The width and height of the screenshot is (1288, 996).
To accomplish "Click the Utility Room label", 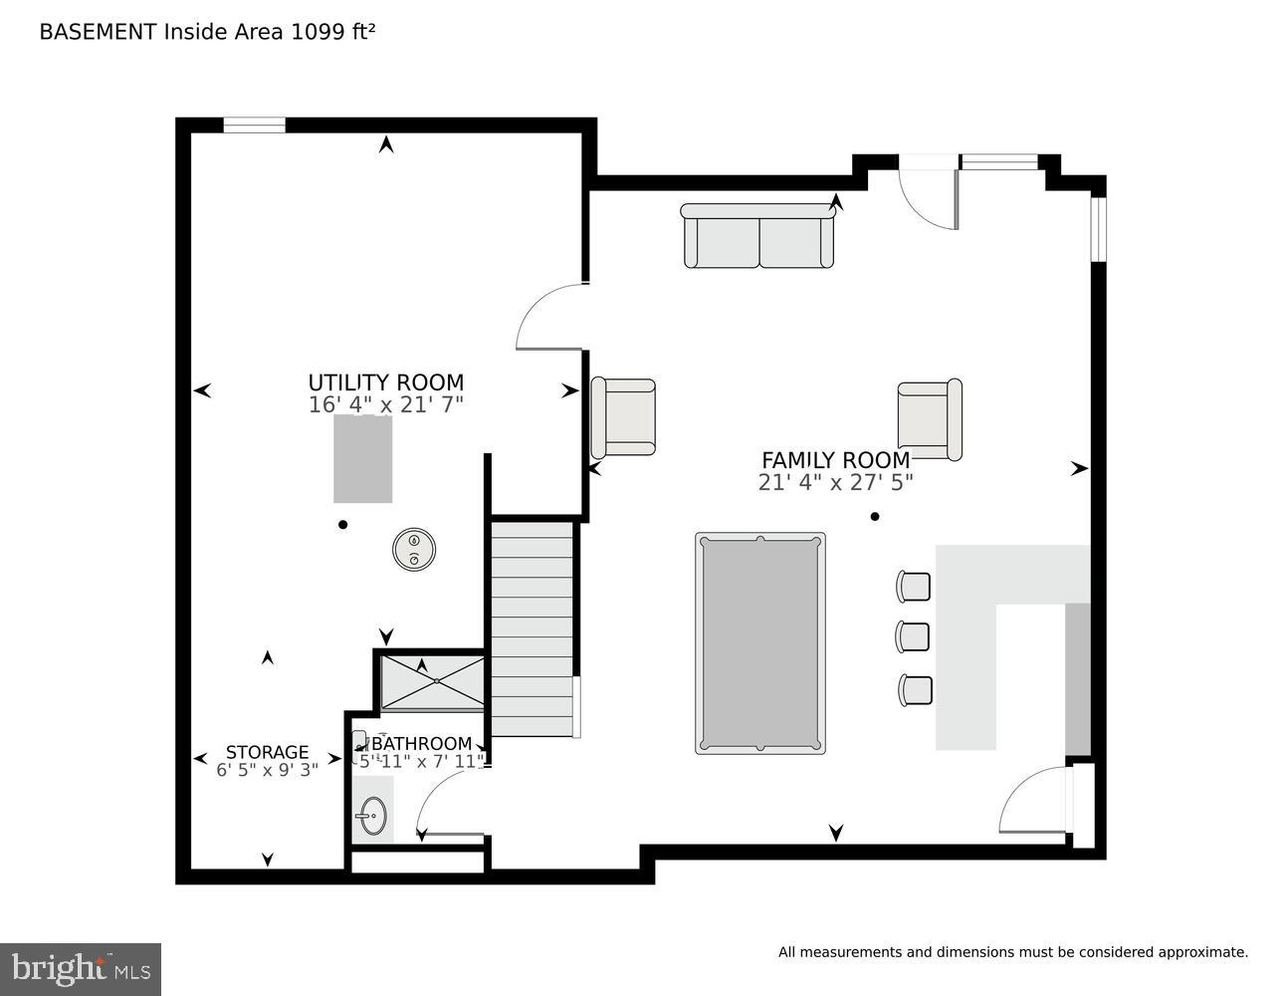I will tap(385, 382).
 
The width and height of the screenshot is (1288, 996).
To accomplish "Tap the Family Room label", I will tap(835, 460).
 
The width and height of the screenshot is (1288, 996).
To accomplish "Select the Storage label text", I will tap(267, 752).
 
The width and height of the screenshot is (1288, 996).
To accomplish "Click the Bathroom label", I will tap(421, 744).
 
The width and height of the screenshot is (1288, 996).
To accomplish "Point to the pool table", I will tap(760, 643).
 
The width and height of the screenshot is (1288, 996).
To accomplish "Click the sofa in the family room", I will tap(758, 237).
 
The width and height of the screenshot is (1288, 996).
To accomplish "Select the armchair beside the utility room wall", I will tap(624, 417).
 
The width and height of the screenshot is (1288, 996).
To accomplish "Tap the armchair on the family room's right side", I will tap(929, 419).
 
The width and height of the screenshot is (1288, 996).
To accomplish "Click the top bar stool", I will tap(914, 587).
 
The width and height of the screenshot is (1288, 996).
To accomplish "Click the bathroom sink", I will tap(371, 816).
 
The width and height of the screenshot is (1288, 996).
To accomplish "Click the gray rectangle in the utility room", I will tap(362, 459).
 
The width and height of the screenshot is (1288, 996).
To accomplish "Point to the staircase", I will tap(533, 627).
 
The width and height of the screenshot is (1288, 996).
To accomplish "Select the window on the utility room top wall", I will tap(254, 125).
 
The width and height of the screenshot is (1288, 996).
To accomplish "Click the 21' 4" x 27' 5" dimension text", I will tap(835, 483).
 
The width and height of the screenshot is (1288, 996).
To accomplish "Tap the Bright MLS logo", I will tap(80, 969).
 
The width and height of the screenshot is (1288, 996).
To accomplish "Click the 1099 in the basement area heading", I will tap(314, 32).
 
